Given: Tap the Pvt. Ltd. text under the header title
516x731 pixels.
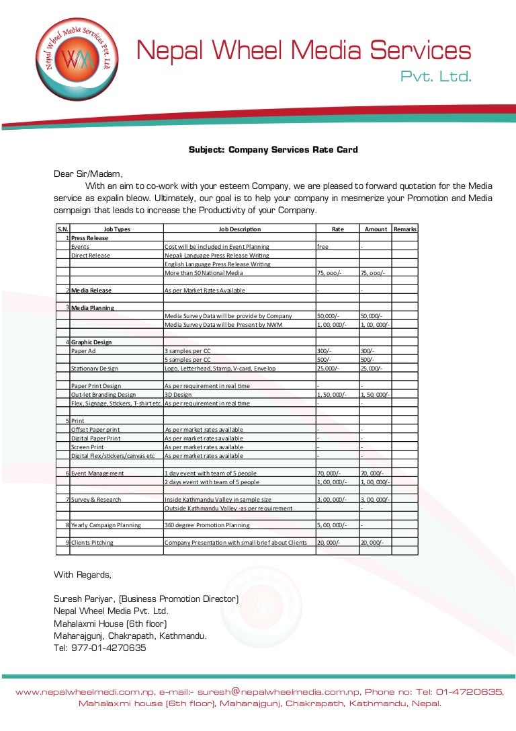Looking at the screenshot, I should tap(436, 77).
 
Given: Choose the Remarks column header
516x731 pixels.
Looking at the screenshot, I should tap(405, 229).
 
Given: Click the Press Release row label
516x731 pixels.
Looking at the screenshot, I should tap(90, 238).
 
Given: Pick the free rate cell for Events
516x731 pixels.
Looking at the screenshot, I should tap(323, 247).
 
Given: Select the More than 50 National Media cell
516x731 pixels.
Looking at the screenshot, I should tap(204, 273).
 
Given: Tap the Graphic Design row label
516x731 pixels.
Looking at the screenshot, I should tap(91, 342).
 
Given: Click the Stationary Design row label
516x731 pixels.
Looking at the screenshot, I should tap(95, 369).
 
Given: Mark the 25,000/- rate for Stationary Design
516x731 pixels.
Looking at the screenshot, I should tap(329, 369).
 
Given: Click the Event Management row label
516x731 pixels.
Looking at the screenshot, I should tap(97, 473).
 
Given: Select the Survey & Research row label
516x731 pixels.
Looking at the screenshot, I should tap(96, 499).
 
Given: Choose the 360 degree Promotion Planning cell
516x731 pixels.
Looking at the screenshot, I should tap(207, 525).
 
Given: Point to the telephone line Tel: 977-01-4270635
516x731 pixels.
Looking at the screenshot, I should tap(99, 648).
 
